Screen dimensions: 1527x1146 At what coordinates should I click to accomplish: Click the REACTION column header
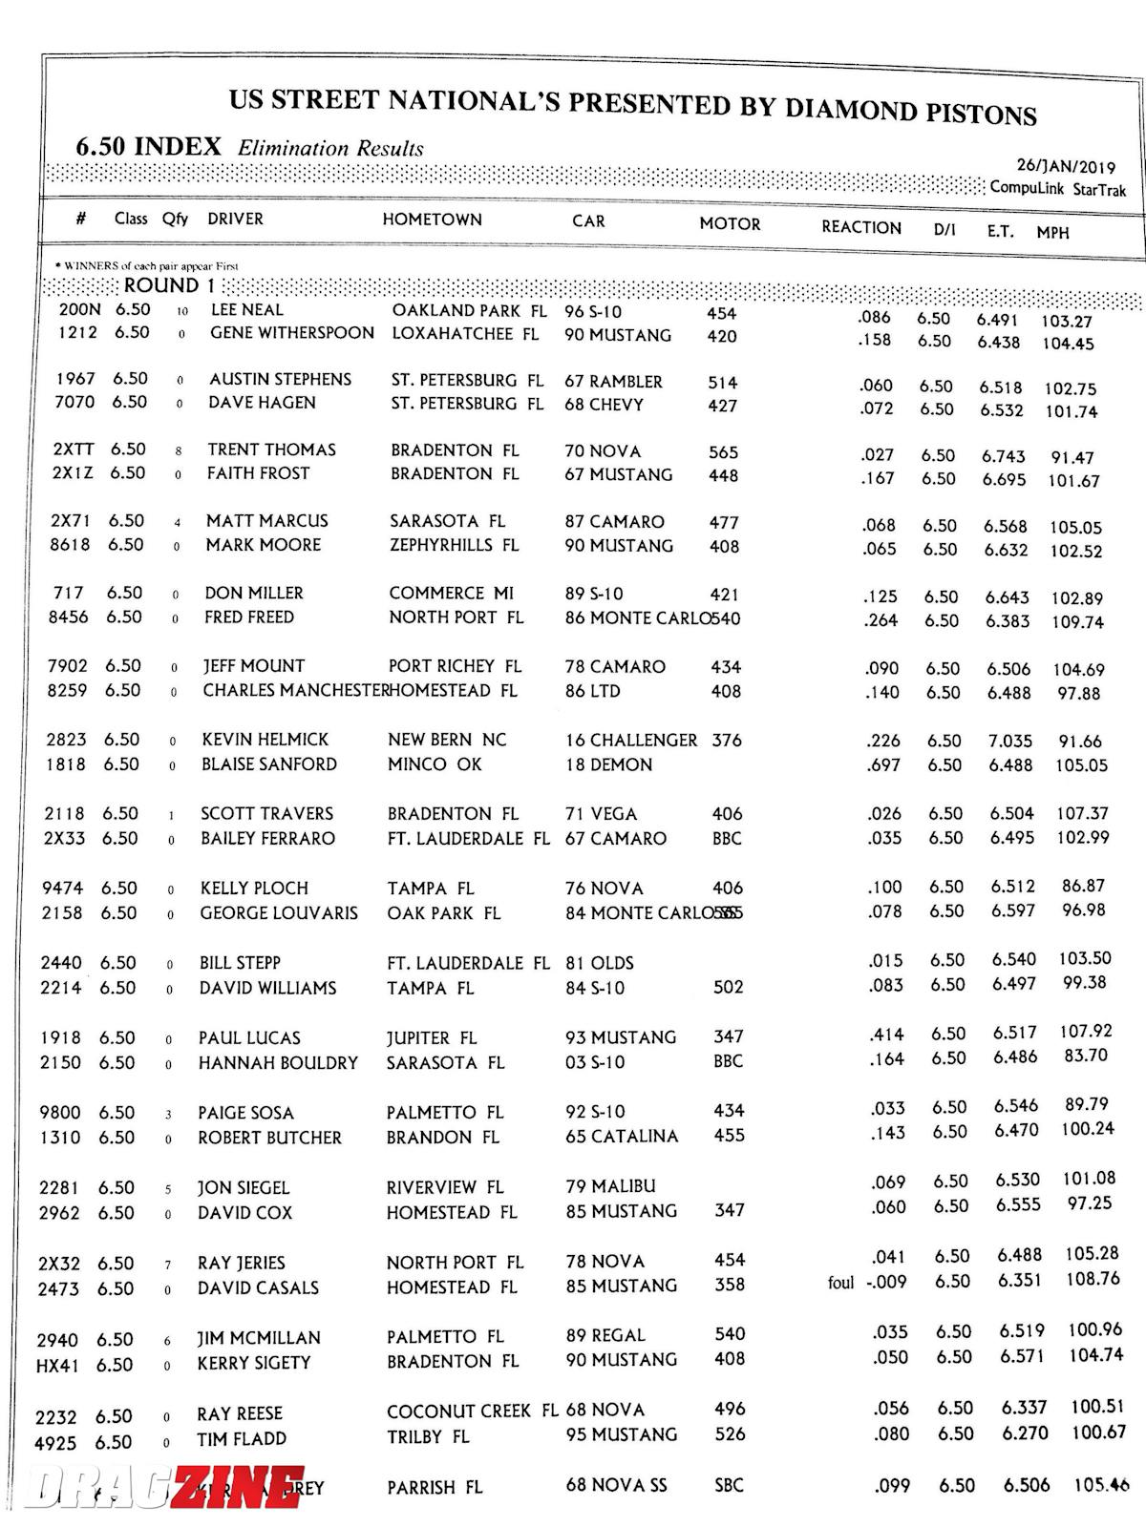click(860, 227)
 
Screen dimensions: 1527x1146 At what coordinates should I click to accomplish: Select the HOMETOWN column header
click(432, 220)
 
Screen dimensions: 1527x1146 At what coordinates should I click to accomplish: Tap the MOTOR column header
click(730, 224)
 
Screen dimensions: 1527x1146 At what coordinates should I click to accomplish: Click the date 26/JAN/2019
click(1066, 167)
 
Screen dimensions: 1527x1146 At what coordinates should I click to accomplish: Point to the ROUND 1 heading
click(161, 285)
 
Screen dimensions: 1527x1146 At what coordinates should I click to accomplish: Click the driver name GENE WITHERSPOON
click(292, 333)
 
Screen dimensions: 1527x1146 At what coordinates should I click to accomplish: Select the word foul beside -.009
click(840, 1283)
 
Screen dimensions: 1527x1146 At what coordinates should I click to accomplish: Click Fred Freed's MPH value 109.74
click(1077, 622)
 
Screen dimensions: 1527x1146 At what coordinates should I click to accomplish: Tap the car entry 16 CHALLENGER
click(631, 740)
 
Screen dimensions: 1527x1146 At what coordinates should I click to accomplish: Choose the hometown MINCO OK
click(435, 764)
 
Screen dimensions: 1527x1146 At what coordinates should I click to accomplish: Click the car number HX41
click(57, 1366)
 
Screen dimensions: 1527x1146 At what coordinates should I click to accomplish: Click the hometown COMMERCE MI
click(451, 593)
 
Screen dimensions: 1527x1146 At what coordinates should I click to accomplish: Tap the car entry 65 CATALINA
click(622, 1137)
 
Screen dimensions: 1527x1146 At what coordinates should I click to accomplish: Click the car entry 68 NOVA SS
click(615, 1485)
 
